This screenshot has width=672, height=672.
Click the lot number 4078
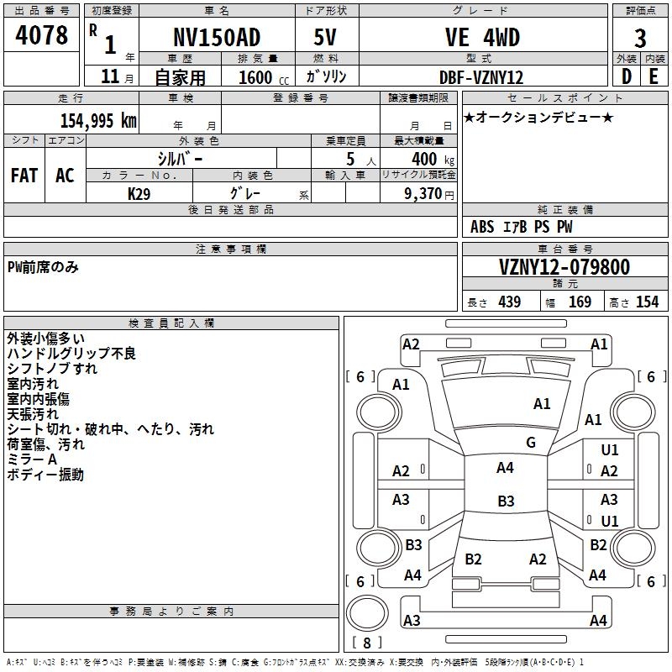[x=42, y=36]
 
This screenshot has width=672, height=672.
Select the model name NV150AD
[x=216, y=37]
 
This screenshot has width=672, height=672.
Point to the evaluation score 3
[x=640, y=38]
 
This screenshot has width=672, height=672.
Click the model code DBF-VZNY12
[x=481, y=77]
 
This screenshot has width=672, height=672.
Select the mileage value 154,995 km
[x=98, y=120]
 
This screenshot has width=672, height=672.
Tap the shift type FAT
[x=24, y=175]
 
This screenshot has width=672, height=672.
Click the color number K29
[x=139, y=193]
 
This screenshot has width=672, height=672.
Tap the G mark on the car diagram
[x=531, y=443]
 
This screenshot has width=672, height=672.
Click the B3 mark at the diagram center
[x=506, y=501]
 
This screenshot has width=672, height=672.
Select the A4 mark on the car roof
[x=505, y=468]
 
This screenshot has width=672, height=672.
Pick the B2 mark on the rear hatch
[x=473, y=559]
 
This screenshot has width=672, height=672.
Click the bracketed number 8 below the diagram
[x=366, y=643]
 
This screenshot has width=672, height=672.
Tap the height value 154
[x=647, y=302]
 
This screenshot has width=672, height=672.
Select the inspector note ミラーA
[x=32, y=459]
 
